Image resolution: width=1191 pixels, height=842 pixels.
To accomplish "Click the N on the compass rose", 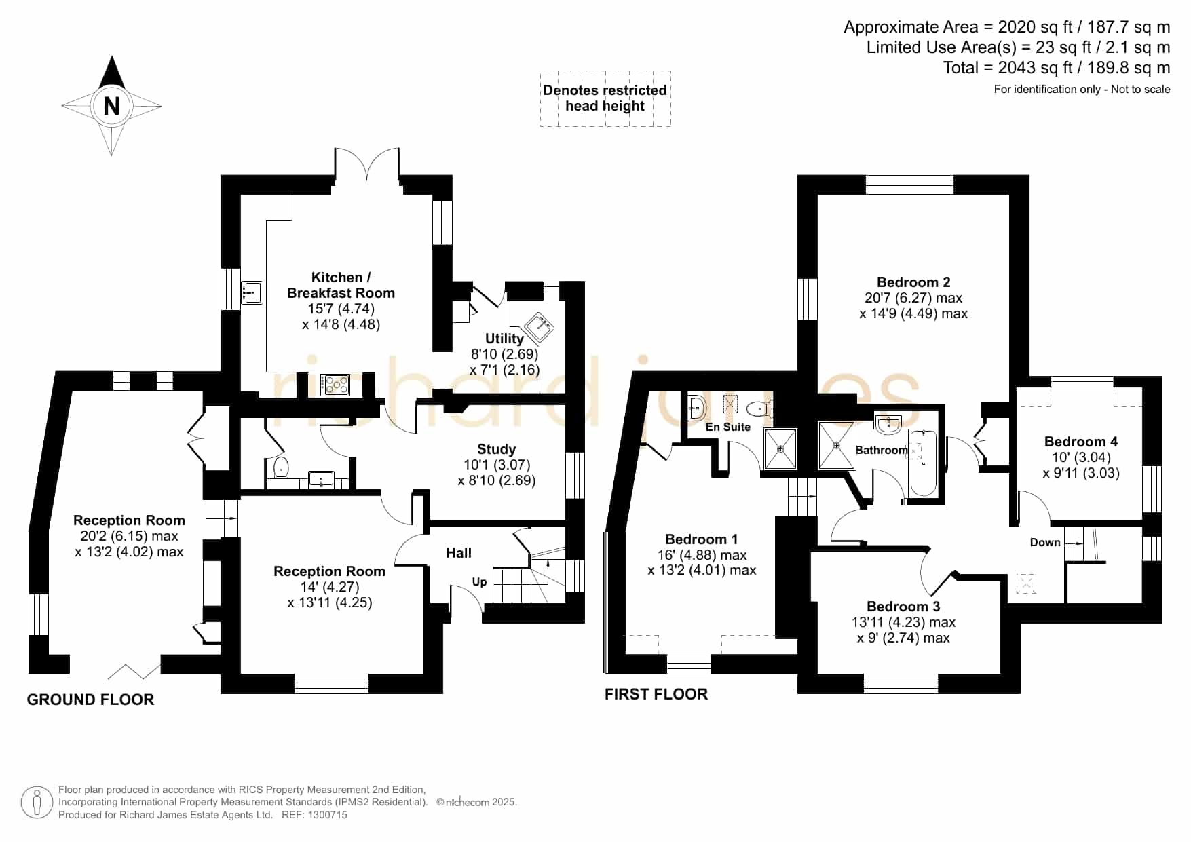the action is [111, 106].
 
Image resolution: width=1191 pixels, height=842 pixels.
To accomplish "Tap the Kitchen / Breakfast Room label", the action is [341, 285].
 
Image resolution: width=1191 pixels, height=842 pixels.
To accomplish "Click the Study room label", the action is [497, 449].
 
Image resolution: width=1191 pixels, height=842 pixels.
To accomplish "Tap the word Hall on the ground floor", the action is [459, 553].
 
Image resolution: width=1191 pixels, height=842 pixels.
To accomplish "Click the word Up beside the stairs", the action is [479, 581].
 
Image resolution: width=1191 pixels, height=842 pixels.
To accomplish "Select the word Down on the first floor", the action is [1045, 542].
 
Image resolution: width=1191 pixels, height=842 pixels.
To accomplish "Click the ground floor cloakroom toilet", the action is [281, 467].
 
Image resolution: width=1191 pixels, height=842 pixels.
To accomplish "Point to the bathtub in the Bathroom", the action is [923, 463].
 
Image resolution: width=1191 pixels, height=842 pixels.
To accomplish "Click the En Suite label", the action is [728, 427].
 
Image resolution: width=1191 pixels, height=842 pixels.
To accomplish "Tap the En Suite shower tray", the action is [780, 448].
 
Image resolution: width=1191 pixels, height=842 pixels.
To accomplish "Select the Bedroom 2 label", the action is [913, 282].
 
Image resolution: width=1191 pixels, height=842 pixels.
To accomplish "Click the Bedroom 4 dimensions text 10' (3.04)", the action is [1081, 457].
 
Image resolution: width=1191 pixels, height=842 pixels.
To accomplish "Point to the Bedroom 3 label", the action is [903, 607].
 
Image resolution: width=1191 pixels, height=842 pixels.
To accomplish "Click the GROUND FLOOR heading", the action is [90, 700].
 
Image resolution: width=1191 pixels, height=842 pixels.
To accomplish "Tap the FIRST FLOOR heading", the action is [656, 694].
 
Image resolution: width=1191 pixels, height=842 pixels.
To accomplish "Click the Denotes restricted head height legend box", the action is [605, 98].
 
